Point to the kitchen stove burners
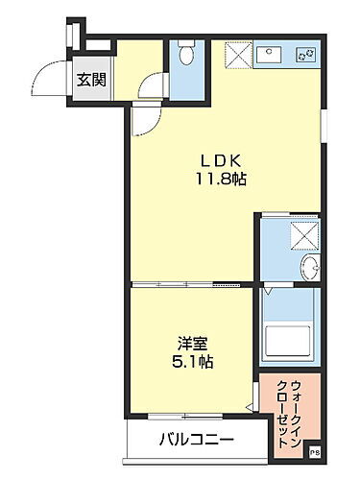pos(306,55)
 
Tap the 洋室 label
pos(191,343)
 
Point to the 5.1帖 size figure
pos(192,363)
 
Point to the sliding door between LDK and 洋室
pos(192,284)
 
